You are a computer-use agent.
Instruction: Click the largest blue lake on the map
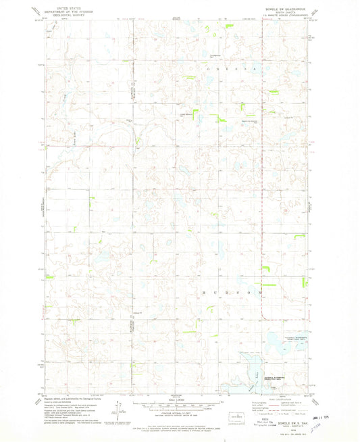pyautogui.click(x=255, y=370)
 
